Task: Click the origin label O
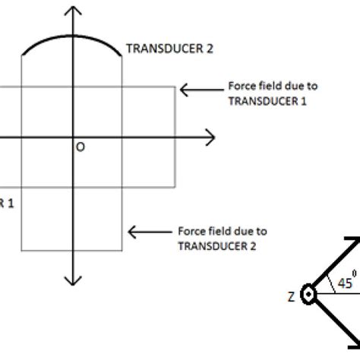tap(79, 147)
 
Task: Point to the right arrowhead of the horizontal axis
tap(211, 137)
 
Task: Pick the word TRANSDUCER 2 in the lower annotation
tap(211, 244)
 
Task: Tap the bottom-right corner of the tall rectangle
tap(124, 250)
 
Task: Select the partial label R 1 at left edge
tap(6, 203)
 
